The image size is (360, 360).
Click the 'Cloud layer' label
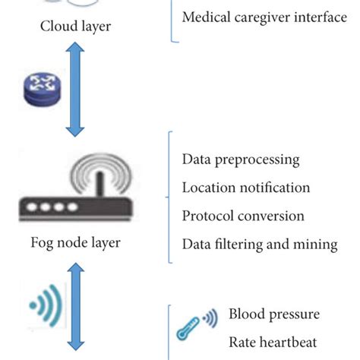76,27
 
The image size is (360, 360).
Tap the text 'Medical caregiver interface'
265,17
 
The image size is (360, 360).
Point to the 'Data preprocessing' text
241,159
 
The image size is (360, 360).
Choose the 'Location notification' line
246,188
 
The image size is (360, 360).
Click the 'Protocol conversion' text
243,216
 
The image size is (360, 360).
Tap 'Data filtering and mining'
260,244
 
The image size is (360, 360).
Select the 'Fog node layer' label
76,243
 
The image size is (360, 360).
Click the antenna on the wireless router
96,182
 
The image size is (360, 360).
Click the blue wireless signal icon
42,306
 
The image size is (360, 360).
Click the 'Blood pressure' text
274,314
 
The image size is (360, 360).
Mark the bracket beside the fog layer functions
171,197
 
